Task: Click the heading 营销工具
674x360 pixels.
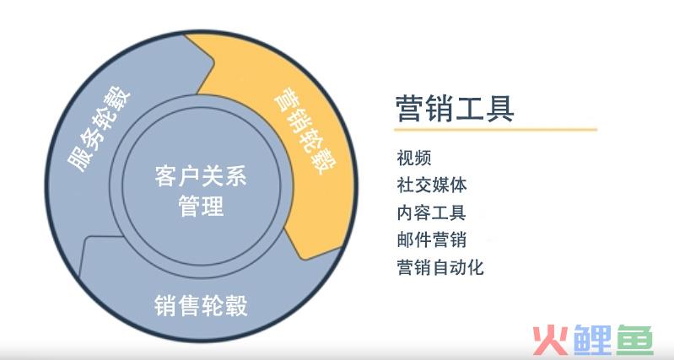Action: pos(455,108)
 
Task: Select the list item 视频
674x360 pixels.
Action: pos(414,158)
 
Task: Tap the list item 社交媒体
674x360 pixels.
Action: pos(432,185)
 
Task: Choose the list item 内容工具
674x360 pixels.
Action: pos(432,212)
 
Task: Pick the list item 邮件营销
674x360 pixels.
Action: pos(432,239)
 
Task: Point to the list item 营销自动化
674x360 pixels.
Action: pos(440,267)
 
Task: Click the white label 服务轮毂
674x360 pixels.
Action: pos(100,129)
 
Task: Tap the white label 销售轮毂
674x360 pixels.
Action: pos(201,305)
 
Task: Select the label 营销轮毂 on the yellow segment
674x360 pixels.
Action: pos(305,131)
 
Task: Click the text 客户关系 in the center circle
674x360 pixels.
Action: pos(201,176)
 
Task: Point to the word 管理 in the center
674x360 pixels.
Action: pos(201,206)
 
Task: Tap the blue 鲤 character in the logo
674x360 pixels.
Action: pos(592,340)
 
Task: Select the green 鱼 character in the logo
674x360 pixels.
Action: pos(635,340)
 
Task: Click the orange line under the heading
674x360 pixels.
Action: pos(496,129)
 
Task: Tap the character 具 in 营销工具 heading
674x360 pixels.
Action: pos(500,108)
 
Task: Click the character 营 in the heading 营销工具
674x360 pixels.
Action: pos(410,108)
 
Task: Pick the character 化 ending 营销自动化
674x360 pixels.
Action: pos(476,267)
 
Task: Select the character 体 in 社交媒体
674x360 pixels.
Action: pos(458,185)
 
